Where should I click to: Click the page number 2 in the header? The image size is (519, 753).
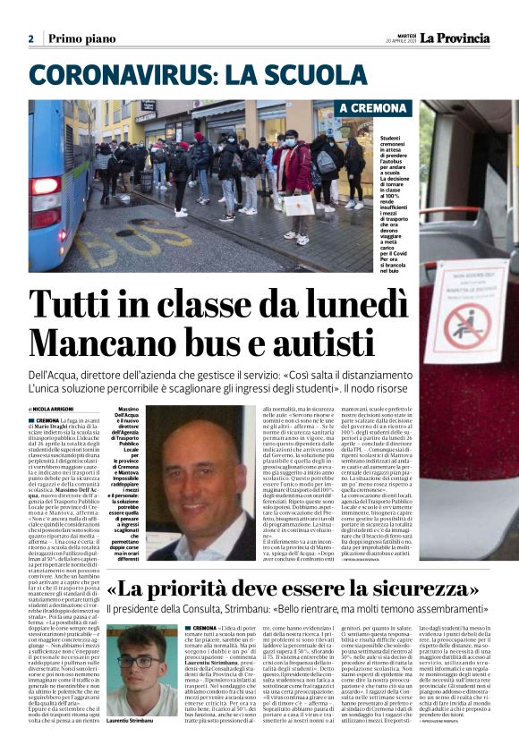tap(30, 38)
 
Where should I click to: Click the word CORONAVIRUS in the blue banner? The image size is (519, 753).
tap(122, 74)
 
